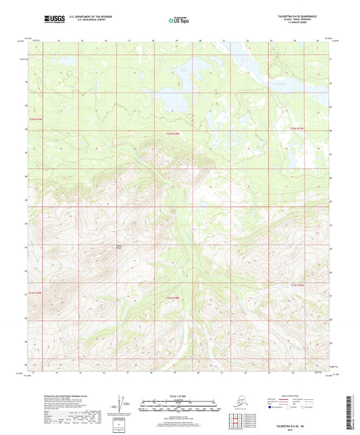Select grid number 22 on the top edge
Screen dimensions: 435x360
click(247, 41)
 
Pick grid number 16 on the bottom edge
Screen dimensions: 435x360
click(106, 371)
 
